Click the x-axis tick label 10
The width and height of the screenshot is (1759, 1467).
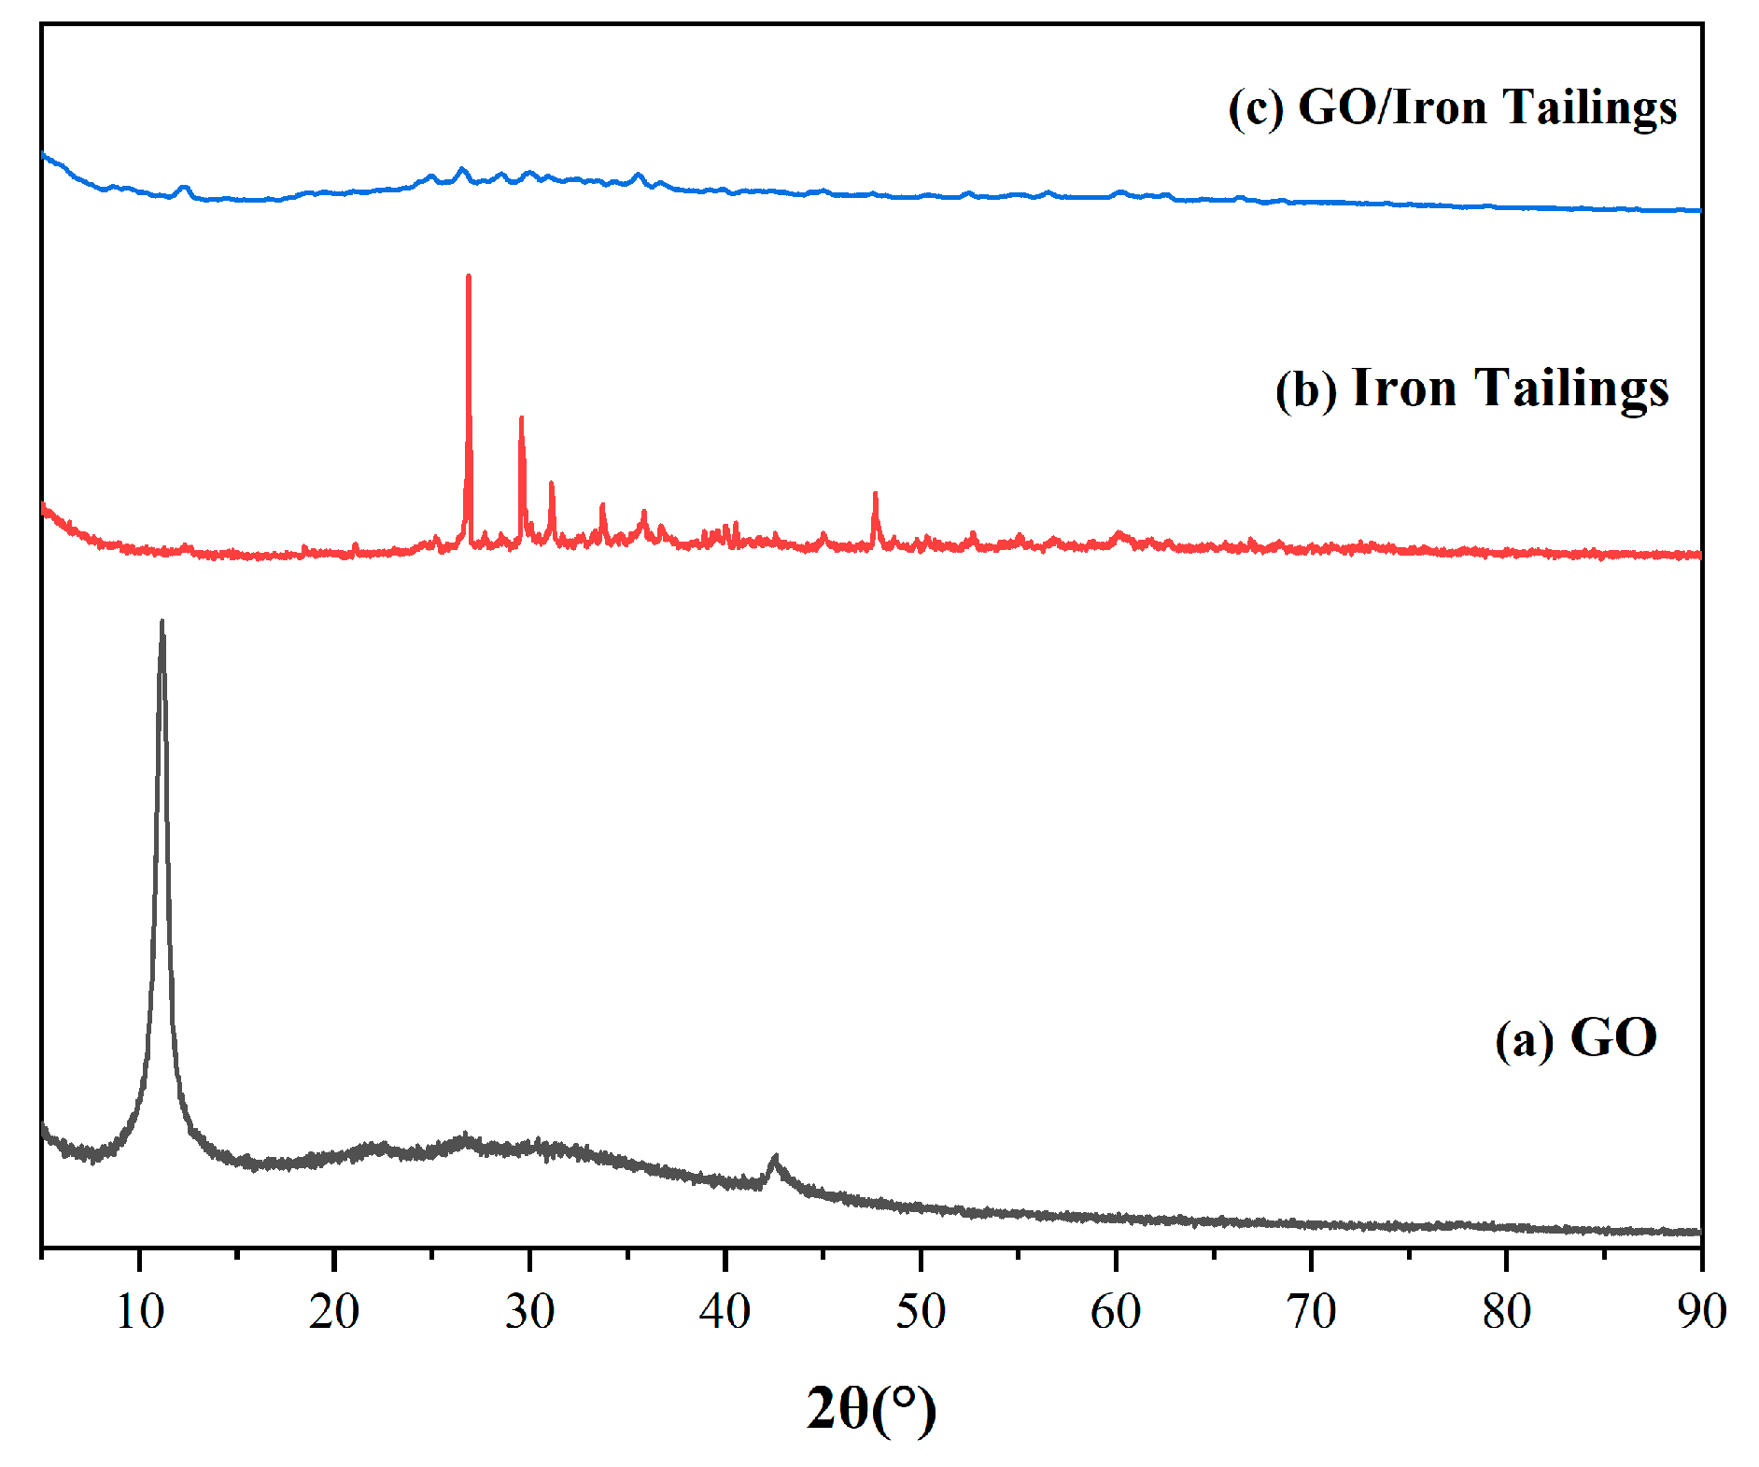(x=140, y=1312)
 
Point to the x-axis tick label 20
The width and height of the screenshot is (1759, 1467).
(x=334, y=1312)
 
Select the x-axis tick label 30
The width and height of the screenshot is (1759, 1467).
(x=529, y=1312)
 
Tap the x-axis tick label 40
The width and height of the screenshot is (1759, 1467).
(x=725, y=1312)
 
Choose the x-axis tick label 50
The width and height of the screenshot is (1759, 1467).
(x=921, y=1312)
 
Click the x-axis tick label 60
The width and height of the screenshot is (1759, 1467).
(x=1116, y=1312)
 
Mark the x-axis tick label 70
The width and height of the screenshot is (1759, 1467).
(x=1311, y=1312)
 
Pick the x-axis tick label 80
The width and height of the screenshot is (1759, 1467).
(x=1506, y=1312)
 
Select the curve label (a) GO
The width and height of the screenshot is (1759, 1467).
(x=1576, y=1037)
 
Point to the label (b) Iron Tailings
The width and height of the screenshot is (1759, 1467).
(x=1472, y=388)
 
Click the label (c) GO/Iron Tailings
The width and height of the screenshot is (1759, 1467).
(x=1453, y=107)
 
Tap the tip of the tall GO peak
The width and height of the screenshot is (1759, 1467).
(x=162, y=621)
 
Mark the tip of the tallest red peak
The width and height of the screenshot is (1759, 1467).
(x=469, y=276)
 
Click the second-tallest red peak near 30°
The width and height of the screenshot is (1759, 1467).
(x=521, y=418)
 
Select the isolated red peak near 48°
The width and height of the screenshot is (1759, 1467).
(x=875, y=493)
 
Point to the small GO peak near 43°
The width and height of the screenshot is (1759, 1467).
(x=774, y=1158)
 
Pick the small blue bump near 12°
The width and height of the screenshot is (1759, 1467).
(x=184, y=188)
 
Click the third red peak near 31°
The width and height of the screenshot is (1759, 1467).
(x=552, y=483)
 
